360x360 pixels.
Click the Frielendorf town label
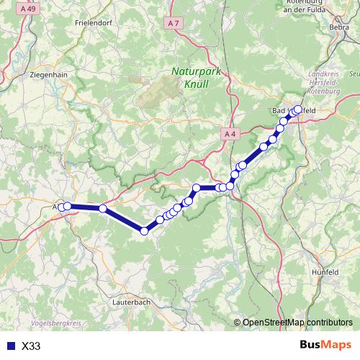click(x=91, y=22)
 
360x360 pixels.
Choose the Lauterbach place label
click(x=131, y=302)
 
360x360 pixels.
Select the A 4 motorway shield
click(x=229, y=134)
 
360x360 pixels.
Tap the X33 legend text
click(x=32, y=346)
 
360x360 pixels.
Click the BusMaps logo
click(x=326, y=345)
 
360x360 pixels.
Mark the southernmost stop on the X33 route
click(x=144, y=230)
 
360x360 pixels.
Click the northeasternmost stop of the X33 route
click(x=298, y=110)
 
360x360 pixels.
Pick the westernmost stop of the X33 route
click(x=63, y=207)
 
